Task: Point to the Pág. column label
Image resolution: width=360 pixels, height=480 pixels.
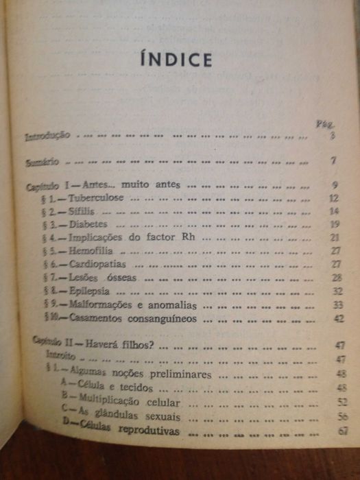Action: click(324, 125)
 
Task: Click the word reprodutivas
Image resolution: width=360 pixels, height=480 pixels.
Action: click(146, 431)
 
